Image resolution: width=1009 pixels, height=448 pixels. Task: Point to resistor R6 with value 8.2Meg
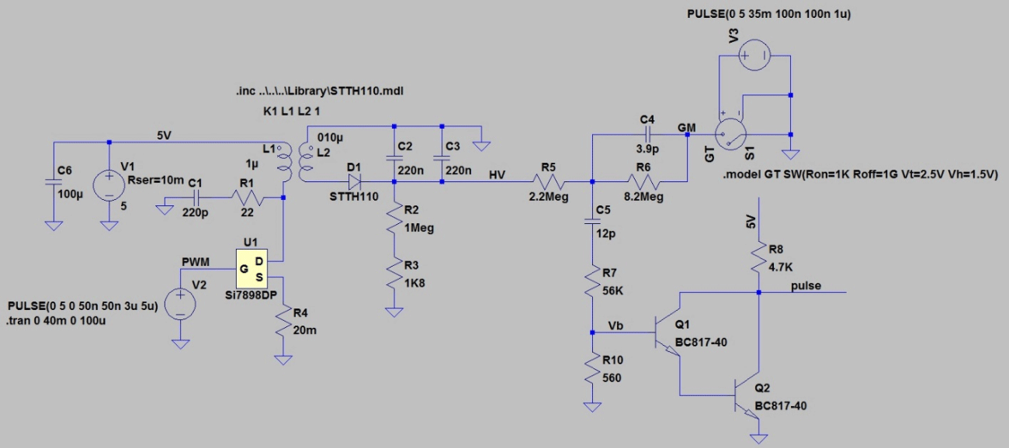pos(643,182)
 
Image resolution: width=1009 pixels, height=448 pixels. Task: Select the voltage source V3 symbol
pos(753,56)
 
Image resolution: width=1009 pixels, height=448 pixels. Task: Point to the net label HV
pos(498,175)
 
